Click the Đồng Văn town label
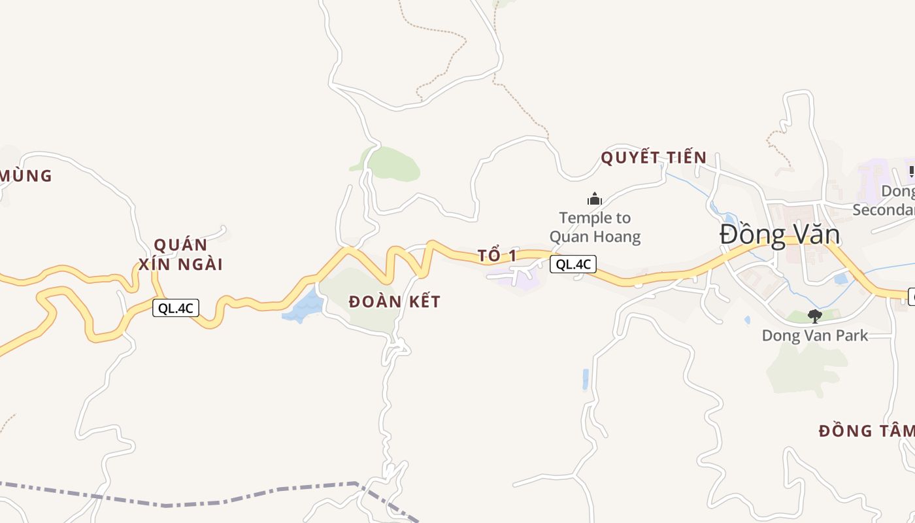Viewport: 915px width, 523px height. (x=779, y=235)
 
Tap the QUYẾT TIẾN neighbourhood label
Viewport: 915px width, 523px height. (x=654, y=158)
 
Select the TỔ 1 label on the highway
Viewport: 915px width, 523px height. (x=497, y=256)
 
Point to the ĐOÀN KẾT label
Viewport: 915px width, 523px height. (x=394, y=302)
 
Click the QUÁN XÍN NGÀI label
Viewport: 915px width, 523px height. (x=180, y=254)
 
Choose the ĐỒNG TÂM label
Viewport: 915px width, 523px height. (x=866, y=431)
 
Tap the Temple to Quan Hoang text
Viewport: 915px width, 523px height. (x=595, y=227)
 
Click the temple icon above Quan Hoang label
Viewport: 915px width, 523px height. (x=595, y=199)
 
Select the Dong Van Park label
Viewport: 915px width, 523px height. (x=814, y=336)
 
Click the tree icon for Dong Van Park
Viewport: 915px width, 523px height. (x=814, y=316)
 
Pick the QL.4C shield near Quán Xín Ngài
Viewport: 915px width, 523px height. (x=176, y=308)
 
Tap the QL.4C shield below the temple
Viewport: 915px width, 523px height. (x=573, y=264)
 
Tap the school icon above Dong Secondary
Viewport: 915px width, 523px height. (x=911, y=171)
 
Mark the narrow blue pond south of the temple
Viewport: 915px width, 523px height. (x=586, y=379)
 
